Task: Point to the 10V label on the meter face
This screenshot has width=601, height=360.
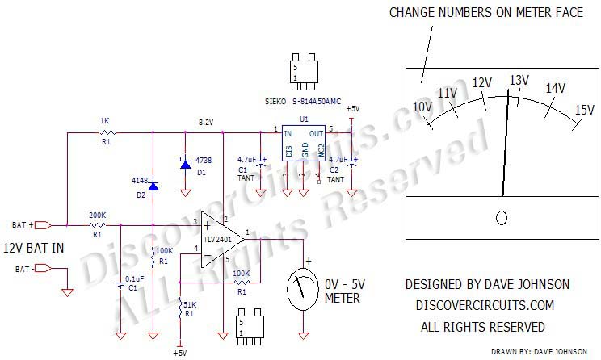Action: tap(422, 107)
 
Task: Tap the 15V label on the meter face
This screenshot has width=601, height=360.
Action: tap(584, 110)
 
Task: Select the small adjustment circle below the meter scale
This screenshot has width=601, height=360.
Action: tap(502, 218)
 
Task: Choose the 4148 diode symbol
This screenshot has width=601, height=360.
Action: tap(153, 187)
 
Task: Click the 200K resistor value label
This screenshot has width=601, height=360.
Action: tap(97, 214)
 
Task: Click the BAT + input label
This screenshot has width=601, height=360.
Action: tap(23, 224)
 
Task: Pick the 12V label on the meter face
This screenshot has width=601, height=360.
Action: tap(482, 82)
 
